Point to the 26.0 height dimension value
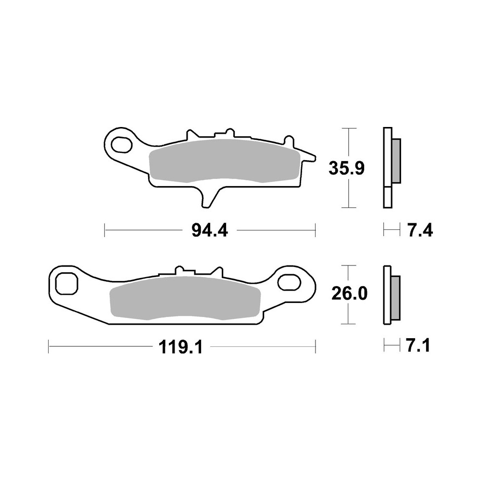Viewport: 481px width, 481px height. tap(349, 293)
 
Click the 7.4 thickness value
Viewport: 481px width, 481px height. tap(420, 231)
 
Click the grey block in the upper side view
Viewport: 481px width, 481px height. tap(396, 161)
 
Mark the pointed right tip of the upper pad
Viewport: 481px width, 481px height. tap(314, 157)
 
